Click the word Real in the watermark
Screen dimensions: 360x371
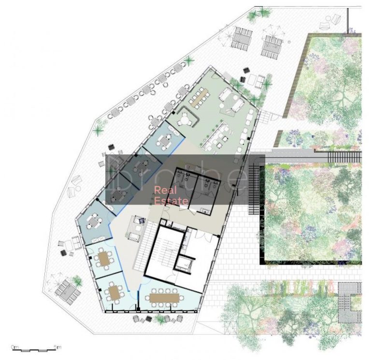tap(163, 190)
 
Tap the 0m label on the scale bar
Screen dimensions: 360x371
tap(15, 346)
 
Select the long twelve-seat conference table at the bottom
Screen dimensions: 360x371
tap(165, 297)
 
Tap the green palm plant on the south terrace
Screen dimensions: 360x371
tap(77, 280)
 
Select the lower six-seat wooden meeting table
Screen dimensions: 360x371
tap(114, 291)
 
